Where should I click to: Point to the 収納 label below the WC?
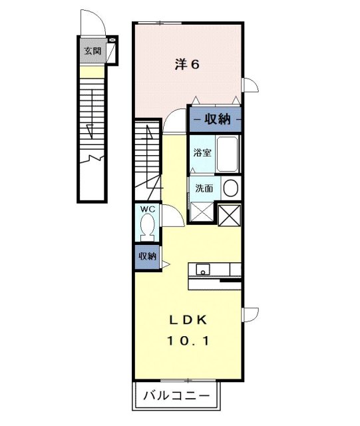[147, 256]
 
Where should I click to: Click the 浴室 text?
[203, 152]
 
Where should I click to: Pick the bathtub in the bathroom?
[228, 154]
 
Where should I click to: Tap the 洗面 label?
[204, 188]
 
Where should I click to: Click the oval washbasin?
[230, 188]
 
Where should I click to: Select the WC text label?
[147, 209]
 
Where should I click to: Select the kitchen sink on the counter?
[202, 270]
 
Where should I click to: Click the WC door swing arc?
[171, 216]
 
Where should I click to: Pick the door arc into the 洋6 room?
[176, 118]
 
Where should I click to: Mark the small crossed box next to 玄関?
[110, 41]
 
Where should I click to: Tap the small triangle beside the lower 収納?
[166, 265]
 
